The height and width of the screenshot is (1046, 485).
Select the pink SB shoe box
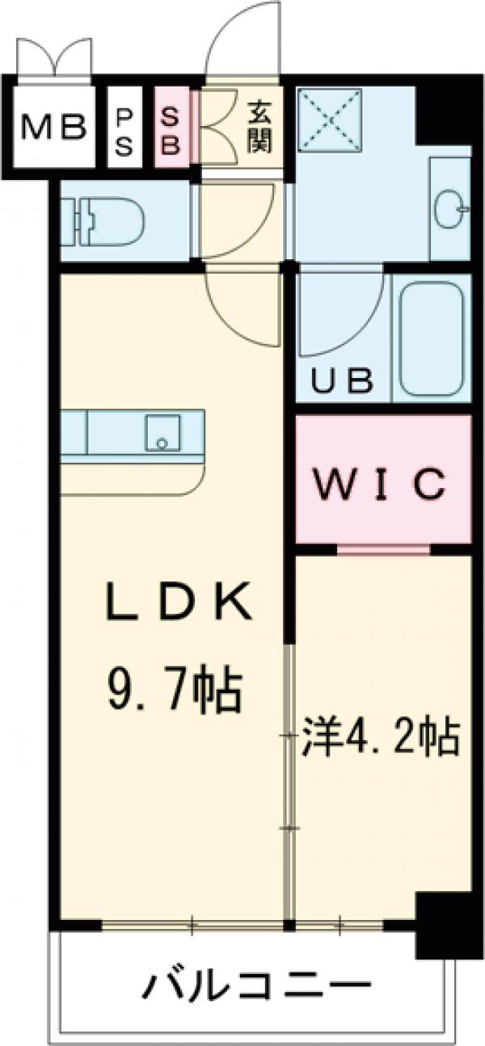[x=172, y=126]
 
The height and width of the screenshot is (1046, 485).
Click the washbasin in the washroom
[x=449, y=209]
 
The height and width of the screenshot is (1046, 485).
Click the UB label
[x=343, y=379]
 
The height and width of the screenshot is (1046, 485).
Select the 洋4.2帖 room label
[x=381, y=737]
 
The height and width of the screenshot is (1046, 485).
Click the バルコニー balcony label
[x=258, y=985]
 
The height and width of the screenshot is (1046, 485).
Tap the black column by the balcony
[x=443, y=922]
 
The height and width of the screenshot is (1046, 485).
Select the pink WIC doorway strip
[x=383, y=550]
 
